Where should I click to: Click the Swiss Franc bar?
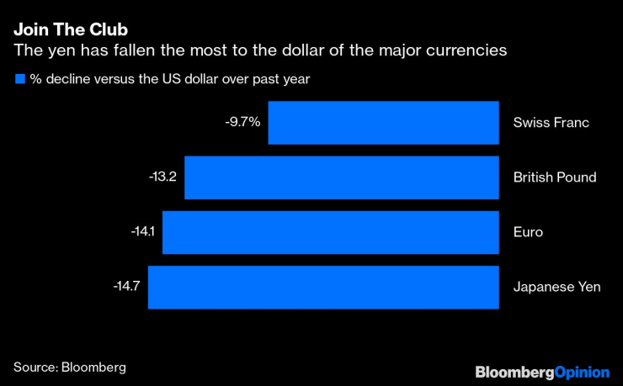(383, 123)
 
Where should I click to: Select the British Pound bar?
(341, 177)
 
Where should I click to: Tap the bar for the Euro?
(330, 232)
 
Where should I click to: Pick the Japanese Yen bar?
(323, 287)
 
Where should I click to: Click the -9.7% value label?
(243, 123)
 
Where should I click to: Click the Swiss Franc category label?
(551, 123)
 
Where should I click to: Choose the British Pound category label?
(555, 177)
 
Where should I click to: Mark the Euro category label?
(528, 232)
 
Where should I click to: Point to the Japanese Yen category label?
(556, 287)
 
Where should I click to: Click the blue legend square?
(19, 79)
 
